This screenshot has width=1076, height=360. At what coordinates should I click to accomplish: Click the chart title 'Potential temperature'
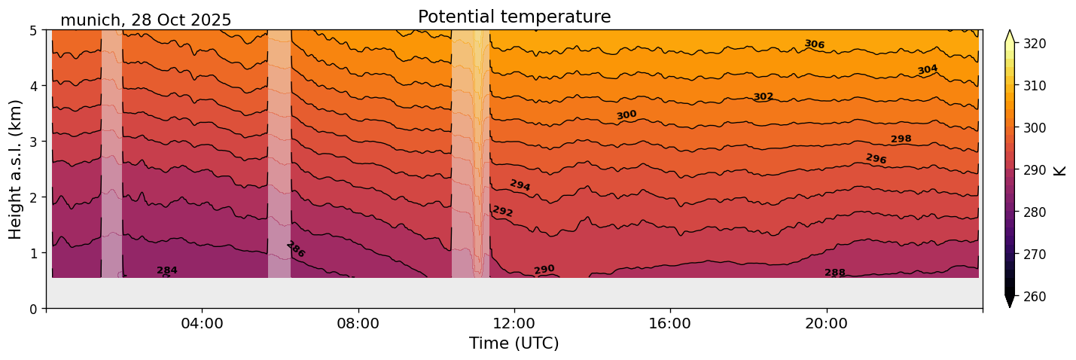coord(514,17)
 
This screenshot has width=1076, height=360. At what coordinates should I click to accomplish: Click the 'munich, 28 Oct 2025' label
coord(145,20)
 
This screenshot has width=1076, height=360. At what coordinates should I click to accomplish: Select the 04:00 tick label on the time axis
coord(202,323)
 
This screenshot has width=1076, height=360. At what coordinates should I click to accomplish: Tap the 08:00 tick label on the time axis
coord(358,323)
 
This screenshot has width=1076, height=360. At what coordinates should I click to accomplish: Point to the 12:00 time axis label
coord(514,323)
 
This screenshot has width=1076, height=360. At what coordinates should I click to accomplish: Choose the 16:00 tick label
coord(670,323)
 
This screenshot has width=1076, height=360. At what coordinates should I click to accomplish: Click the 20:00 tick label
coord(827,323)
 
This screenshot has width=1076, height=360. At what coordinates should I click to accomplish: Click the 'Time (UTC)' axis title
coord(514,343)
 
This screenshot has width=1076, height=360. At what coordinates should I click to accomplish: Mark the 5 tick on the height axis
coord(34,30)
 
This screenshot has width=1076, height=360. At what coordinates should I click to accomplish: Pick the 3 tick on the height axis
coord(34,142)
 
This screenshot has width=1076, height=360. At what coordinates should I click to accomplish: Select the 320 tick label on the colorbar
coord(1034,44)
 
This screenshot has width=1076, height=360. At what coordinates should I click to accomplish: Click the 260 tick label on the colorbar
coord(1034,297)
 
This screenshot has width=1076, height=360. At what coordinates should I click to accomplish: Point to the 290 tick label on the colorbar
coord(1034,170)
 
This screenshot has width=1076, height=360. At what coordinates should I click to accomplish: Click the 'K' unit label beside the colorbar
coord(1060,170)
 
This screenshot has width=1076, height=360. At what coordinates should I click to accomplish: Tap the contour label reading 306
coord(814,44)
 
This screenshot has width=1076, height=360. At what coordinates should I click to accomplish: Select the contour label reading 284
coord(167,270)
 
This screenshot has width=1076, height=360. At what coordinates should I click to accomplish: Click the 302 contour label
coord(764,96)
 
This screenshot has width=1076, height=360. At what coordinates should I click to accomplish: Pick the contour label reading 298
coord(901,139)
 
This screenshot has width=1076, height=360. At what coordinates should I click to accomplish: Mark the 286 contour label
coord(296,249)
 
